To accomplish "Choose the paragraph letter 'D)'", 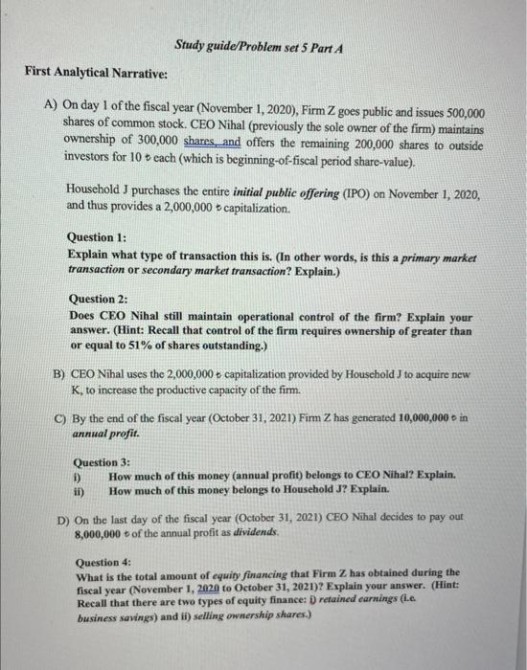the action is tap(63, 517).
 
